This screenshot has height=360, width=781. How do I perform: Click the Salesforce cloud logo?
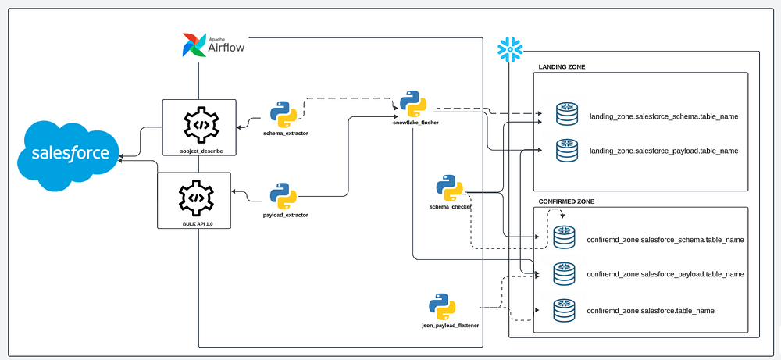(x=70, y=155)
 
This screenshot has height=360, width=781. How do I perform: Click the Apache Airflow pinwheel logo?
(x=194, y=45)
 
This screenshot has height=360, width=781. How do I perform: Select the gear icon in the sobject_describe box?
(x=199, y=124)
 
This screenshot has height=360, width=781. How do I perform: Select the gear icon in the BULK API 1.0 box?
(x=195, y=198)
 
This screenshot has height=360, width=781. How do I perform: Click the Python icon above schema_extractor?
(x=284, y=114)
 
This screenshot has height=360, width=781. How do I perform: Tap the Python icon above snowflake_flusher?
(x=412, y=103)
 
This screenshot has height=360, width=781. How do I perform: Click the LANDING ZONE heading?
(x=562, y=67)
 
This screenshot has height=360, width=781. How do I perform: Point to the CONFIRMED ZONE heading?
(x=567, y=201)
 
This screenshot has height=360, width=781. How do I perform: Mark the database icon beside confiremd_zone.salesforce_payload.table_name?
(x=564, y=274)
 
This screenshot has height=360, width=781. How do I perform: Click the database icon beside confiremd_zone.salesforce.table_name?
(x=564, y=310)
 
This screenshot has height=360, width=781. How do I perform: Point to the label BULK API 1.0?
(x=195, y=224)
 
